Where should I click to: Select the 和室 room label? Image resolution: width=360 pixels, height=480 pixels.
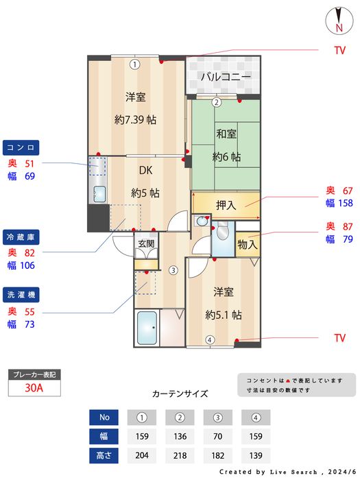coord(226,134)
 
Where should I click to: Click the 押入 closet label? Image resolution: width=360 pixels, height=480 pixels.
coord(226,204)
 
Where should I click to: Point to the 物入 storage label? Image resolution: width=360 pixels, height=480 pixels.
coord(247,243)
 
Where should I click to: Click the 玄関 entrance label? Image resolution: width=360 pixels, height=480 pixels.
coord(146,243)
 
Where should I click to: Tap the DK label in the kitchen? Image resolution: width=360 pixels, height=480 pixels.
coord(145,171)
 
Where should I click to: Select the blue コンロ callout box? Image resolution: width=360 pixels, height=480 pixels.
coord(22,147)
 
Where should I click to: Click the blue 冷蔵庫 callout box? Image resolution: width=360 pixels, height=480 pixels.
coord(22,237)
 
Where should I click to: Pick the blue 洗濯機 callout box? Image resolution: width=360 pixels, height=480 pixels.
coord(22,293)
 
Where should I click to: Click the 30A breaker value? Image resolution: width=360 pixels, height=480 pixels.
coord(34,388)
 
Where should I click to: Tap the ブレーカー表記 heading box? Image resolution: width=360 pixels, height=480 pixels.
coord(34,374)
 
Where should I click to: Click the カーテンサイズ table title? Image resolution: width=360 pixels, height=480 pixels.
coord(180,394)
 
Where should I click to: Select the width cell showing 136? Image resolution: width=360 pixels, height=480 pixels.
coord(180,435)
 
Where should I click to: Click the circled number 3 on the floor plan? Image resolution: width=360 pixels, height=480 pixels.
coord(173,269)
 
